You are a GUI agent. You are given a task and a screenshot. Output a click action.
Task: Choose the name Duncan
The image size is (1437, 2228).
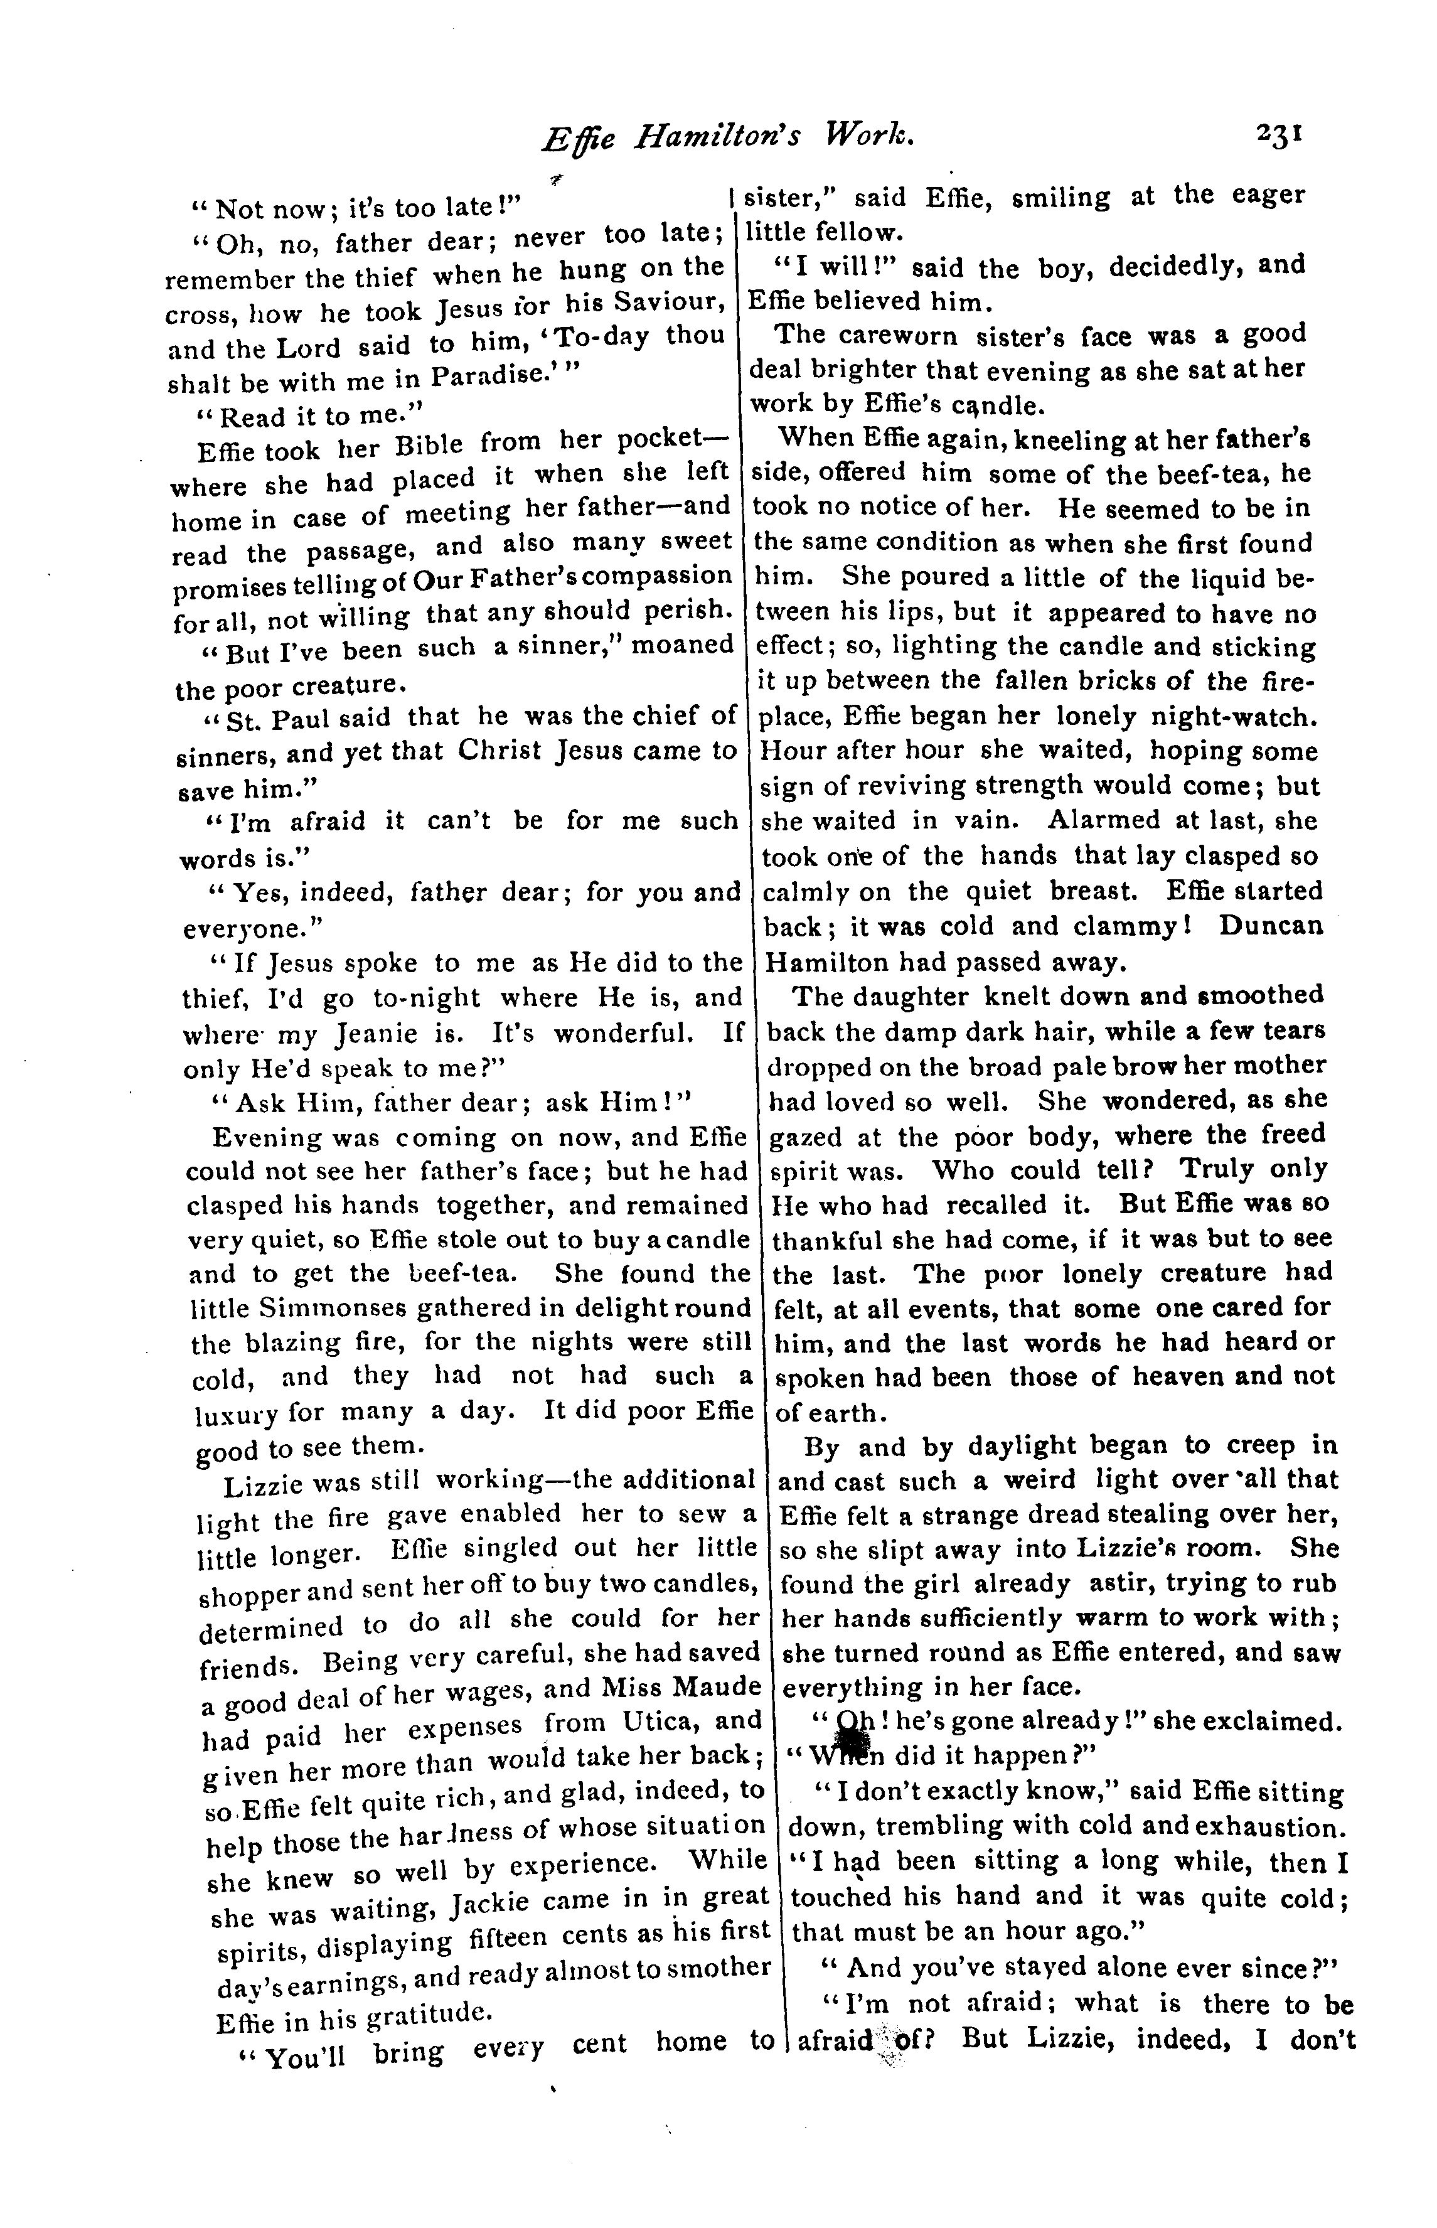[1271, 926]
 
